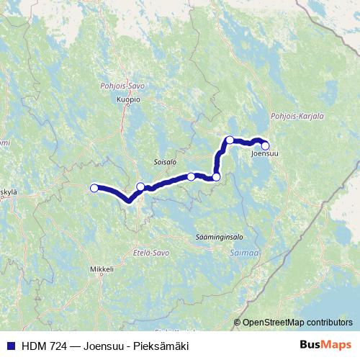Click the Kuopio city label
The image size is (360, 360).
click(x=127, y=99)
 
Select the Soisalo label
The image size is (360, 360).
click(x=165, y=162)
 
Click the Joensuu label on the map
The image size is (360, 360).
click(x=265, y=153)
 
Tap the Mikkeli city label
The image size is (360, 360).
click(x=102, y=269)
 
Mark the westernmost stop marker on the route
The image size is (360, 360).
click(x=94, y=188)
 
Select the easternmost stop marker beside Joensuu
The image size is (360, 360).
click(x=265, y=145)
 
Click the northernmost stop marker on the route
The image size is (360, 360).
click(x=229, y=140)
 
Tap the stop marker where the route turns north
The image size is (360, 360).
click(x=216, y=176)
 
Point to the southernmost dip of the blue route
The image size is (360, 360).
click(x=128, y=201)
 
